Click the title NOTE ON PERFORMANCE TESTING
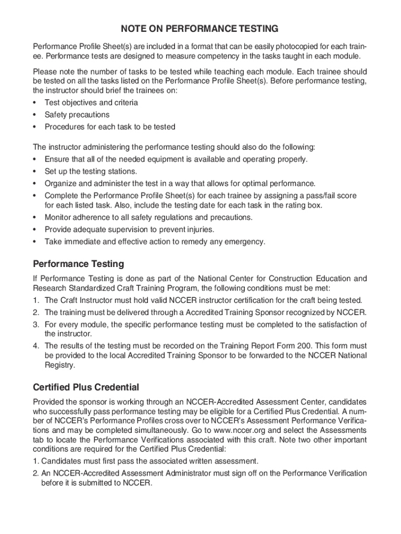pos(200,28)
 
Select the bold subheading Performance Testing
pos(78,264)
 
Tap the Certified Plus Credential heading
pos(86,387)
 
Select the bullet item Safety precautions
pos(77,115)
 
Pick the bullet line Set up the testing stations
pos(91,172)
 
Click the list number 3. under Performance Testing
pos(36,324)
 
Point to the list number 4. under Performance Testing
pos(36,346)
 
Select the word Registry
pos(60,366)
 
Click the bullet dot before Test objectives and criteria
pos(35,103)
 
